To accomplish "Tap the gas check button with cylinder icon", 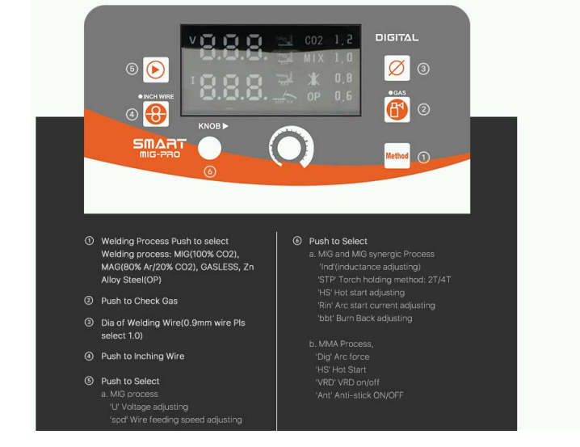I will coord(397,109).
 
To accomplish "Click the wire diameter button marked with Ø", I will coord(397,69).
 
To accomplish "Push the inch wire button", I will coord(156,115).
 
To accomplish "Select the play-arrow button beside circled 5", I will coord(156,70).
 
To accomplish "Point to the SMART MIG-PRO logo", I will coord(159,148).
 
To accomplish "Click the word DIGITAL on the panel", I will coord(397,37).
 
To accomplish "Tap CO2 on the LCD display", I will coord(313,40).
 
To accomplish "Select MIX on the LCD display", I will coord(313,59).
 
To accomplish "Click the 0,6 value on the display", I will coord(343,96).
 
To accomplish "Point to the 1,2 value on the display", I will coord(343,40).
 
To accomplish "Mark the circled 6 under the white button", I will coord(210,171).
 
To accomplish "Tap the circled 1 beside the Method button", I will coord(423,157).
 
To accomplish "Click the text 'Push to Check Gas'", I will coord(139,301).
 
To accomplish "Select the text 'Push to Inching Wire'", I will coord(142,356).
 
